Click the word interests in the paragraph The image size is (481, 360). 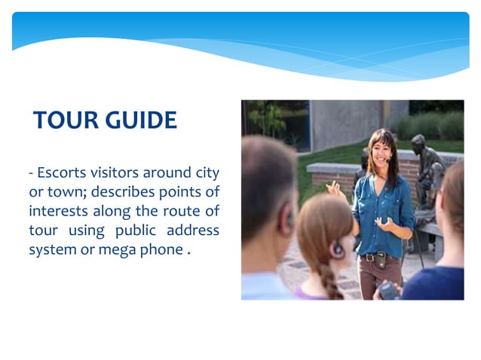click(x=54, y=211)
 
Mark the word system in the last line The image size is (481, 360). click(x=51, y=249)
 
